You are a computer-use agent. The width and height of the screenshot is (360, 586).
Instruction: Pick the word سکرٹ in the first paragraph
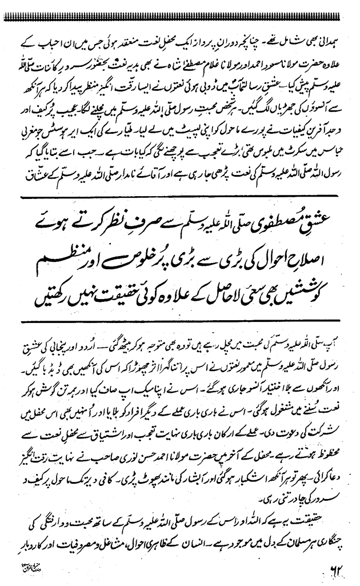[x=284, y=138]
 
